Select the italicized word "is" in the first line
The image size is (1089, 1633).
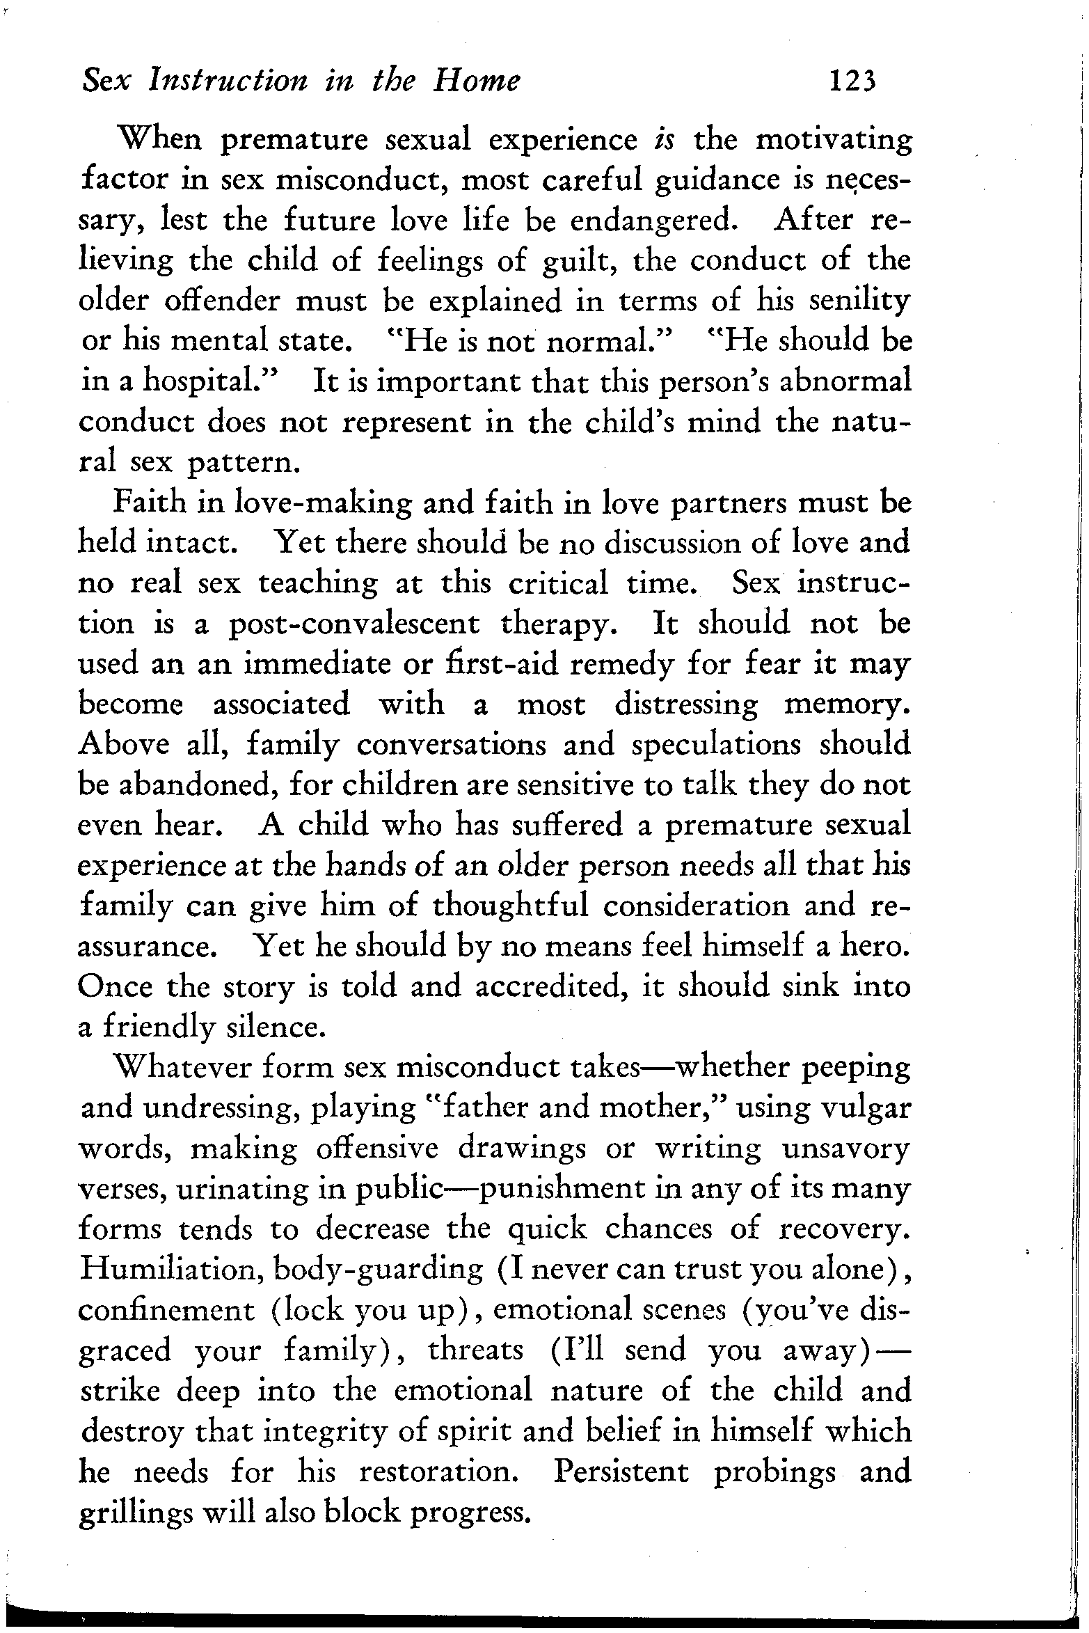[x=662, y=139]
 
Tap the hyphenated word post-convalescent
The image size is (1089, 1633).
[x=354, y=624]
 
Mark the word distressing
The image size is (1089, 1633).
[x=686, y=704]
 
